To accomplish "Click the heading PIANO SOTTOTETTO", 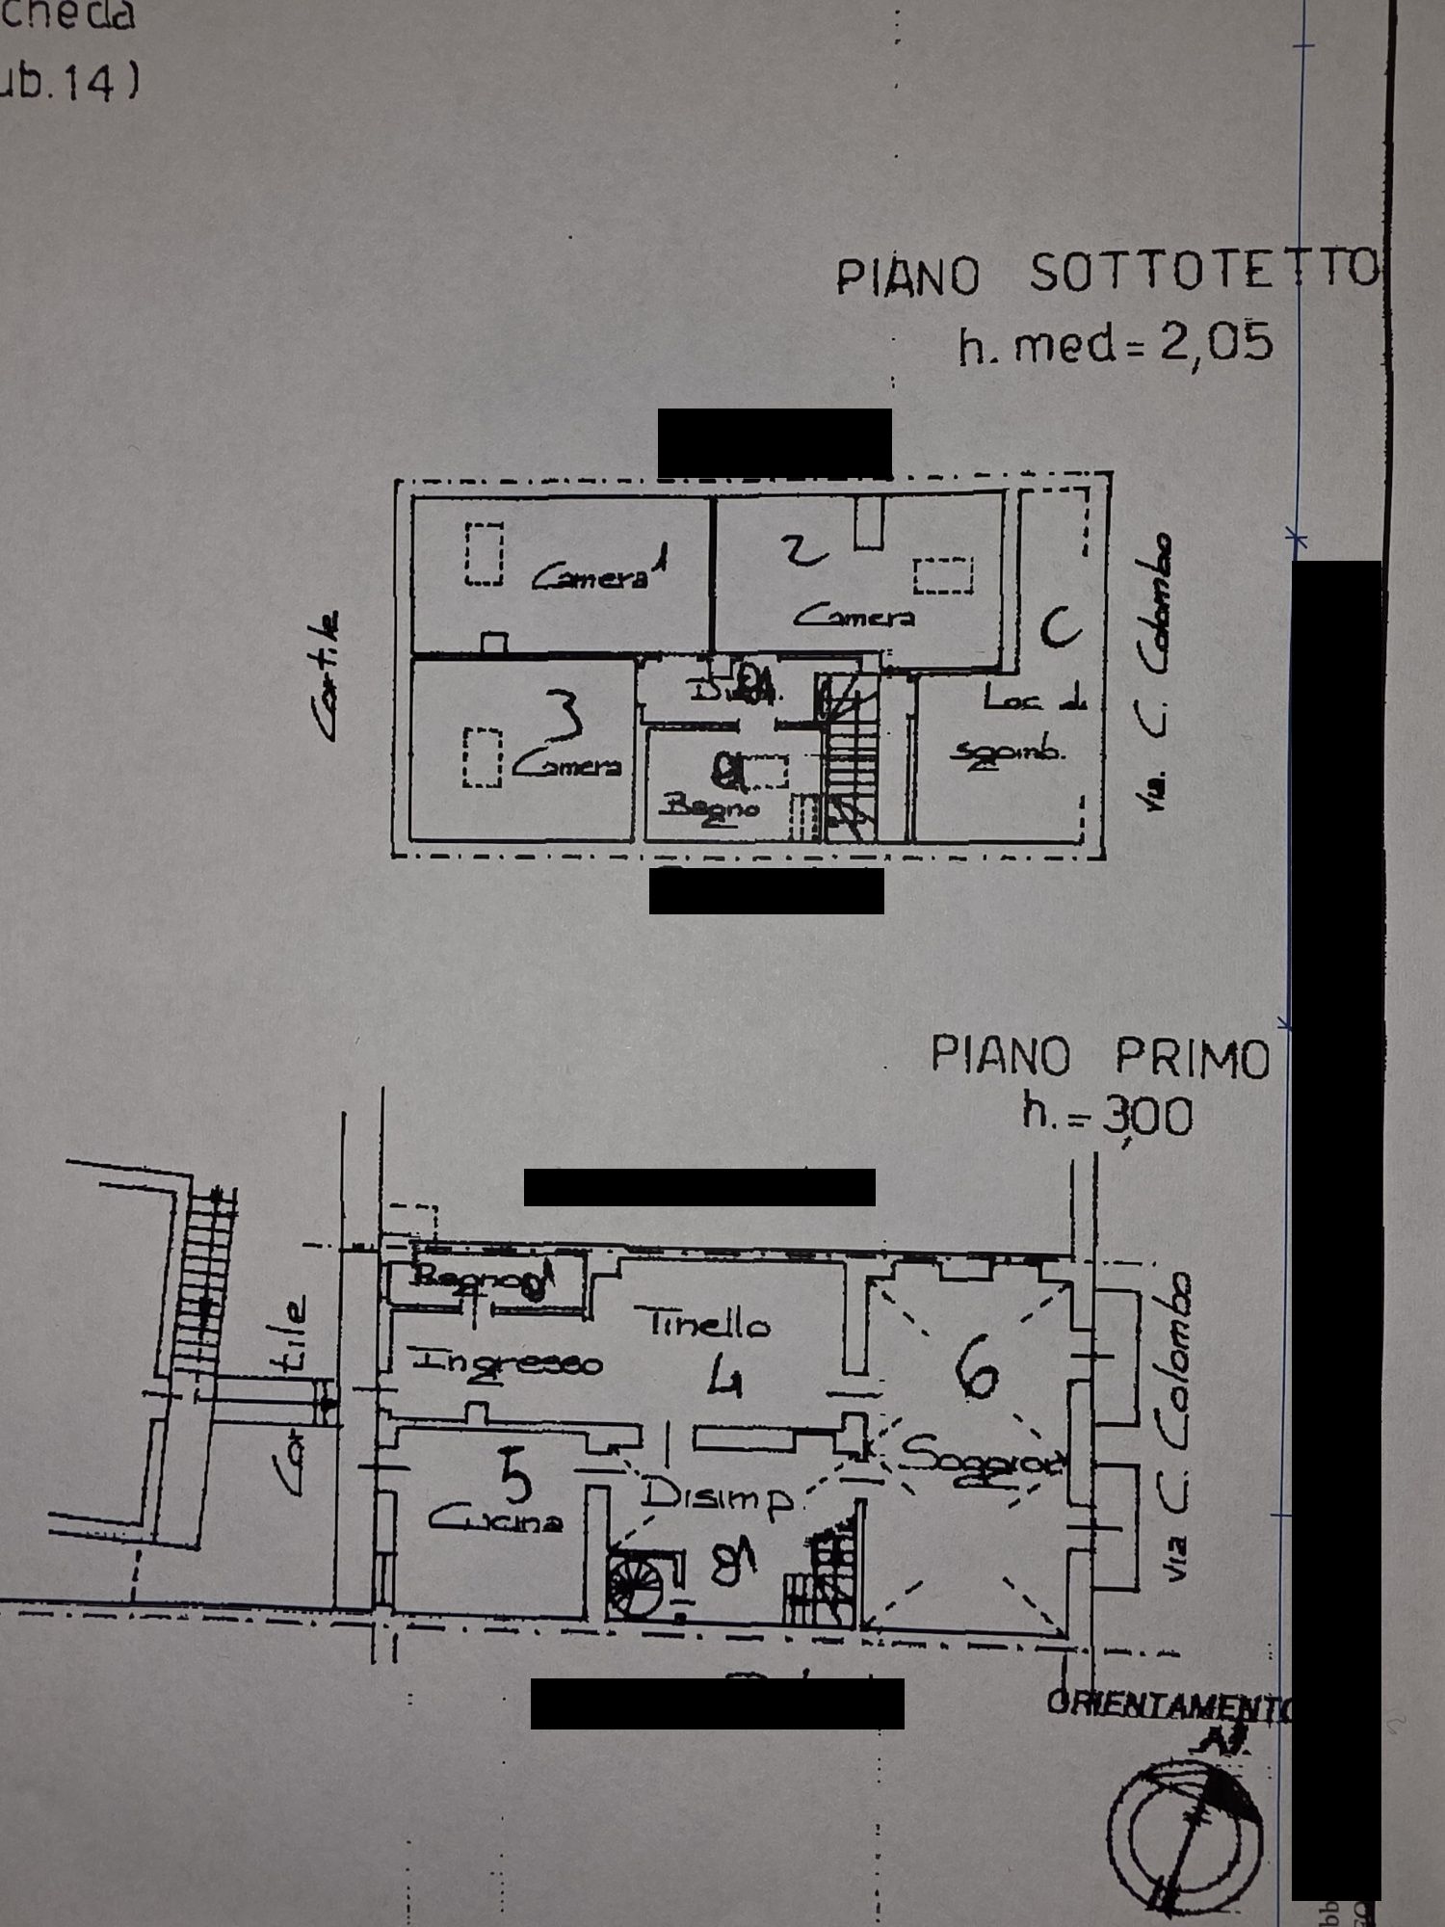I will click(1108, 274).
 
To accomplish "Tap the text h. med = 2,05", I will click(1116, 343).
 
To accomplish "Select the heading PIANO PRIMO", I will click(1100, 1057).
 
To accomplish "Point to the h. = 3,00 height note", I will click(1108, 1116).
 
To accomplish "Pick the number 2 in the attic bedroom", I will click(804, 549).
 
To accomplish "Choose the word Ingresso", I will click(507, 1362).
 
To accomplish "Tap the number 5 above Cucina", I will click(516, 1477).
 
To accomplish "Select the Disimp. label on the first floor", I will click(718, 1496).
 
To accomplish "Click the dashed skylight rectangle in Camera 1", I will click(485, 554).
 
